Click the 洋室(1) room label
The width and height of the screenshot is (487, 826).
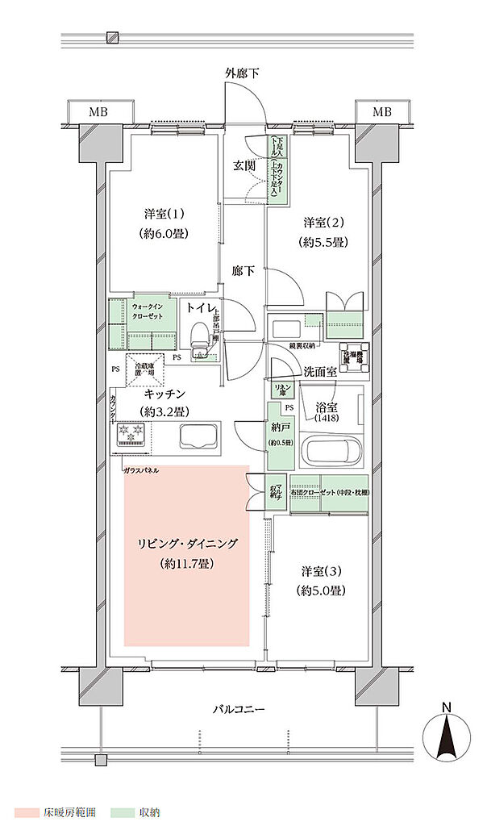[165, 214]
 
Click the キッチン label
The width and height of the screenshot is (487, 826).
[165, 394]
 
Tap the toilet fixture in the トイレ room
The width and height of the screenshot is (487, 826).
[199, 340]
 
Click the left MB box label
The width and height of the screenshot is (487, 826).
[98, 111]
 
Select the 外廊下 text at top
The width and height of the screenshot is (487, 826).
[242, 73]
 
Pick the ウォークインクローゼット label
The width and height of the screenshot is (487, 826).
[150, 311]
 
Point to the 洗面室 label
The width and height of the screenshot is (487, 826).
[320, 371]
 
